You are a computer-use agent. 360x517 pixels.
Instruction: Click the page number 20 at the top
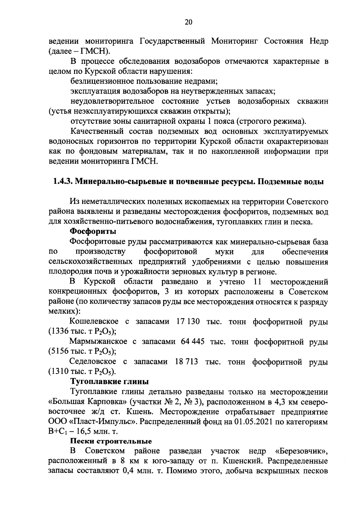pos(188,22)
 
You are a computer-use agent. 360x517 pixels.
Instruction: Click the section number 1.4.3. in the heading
pos(61,182)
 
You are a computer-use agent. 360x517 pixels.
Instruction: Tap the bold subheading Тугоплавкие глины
pos(109,382)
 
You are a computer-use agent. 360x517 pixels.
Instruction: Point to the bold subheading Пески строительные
pos(111,441)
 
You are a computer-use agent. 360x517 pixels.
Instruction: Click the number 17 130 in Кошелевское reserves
pos(188,322)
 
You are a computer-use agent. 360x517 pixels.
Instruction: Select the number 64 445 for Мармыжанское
pos(193,342)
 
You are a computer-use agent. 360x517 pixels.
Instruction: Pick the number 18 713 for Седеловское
pos(186,362)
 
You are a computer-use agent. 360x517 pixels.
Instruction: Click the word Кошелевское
pos(94,322)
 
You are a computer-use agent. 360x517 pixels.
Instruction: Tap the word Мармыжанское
pos(98,342)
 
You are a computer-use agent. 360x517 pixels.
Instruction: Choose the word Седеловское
pos(93,362)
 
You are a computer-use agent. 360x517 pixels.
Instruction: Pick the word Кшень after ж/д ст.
pos(138,412)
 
